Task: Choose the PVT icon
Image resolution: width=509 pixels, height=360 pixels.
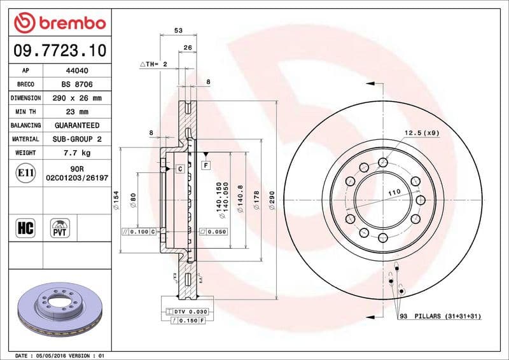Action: pos(60,228)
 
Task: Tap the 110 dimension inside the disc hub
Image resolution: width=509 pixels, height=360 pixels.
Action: pos(394,192)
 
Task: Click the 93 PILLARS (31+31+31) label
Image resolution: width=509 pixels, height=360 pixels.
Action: pos(439,316)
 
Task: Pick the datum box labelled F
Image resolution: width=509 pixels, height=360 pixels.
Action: pos(206,165)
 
